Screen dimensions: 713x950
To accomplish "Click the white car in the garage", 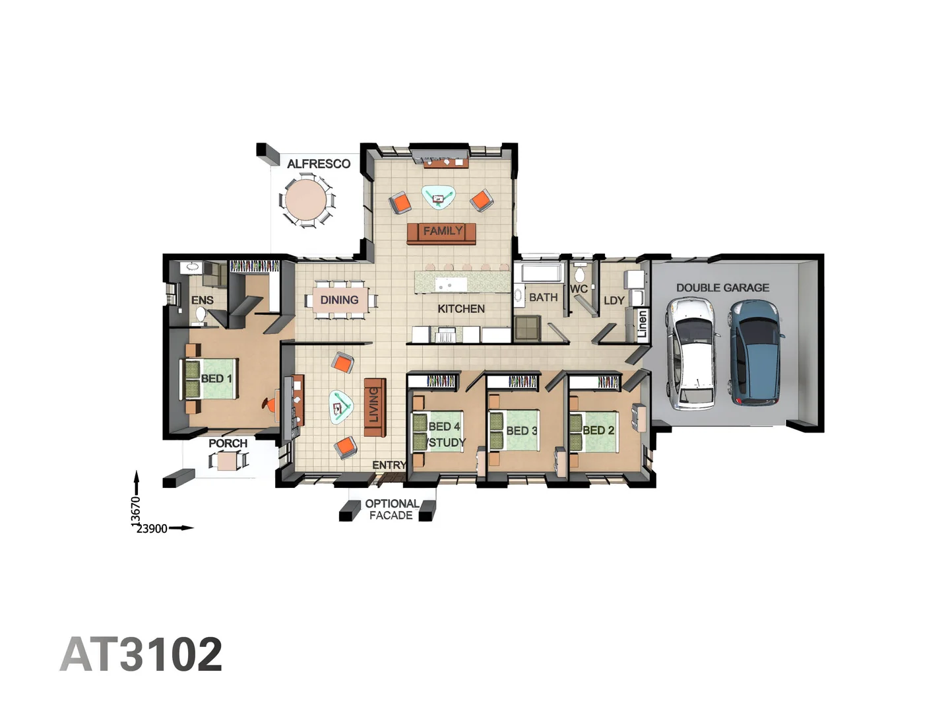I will (x=691, y=353).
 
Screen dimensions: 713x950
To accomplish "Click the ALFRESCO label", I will (x=319, y=164).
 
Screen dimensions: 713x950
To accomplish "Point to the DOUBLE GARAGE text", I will (x=722, y=288).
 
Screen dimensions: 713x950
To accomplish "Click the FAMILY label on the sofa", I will (x=442, y=232).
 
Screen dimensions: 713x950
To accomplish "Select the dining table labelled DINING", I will (x=340, y=300).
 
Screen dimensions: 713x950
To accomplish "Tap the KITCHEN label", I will (x=461, y=309).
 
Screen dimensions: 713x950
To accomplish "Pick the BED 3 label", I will (x=521, y=430).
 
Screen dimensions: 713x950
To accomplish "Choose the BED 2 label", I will (x=598, y=430).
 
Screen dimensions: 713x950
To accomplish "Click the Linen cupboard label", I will (x=642, y=324).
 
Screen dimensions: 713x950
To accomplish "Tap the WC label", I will (x=579, y=289).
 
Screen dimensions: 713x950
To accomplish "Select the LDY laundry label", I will (x=614, y=301).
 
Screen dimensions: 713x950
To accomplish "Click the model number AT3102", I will (x=141, y=654).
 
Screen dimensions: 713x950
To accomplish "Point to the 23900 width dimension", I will (x=152, y=529).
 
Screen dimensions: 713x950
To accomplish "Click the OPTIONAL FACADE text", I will (x=391, y=510).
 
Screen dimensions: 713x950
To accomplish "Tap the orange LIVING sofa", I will (x=374, y=407).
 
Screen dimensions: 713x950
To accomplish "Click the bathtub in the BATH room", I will (x=540, y=273).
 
